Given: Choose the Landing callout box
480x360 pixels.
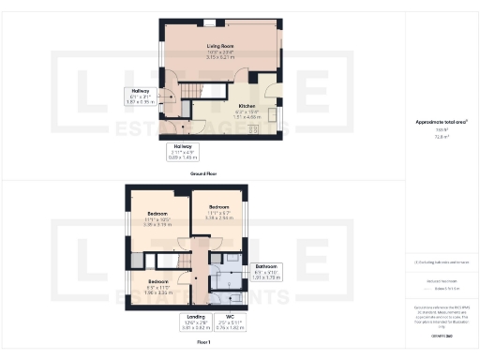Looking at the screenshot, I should click(197, 324).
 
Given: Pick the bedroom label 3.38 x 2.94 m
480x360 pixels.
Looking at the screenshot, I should click(218, 212).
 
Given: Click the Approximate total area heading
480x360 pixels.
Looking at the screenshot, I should click(441, 123).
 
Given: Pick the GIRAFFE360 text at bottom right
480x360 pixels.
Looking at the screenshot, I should click(441, 334).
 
